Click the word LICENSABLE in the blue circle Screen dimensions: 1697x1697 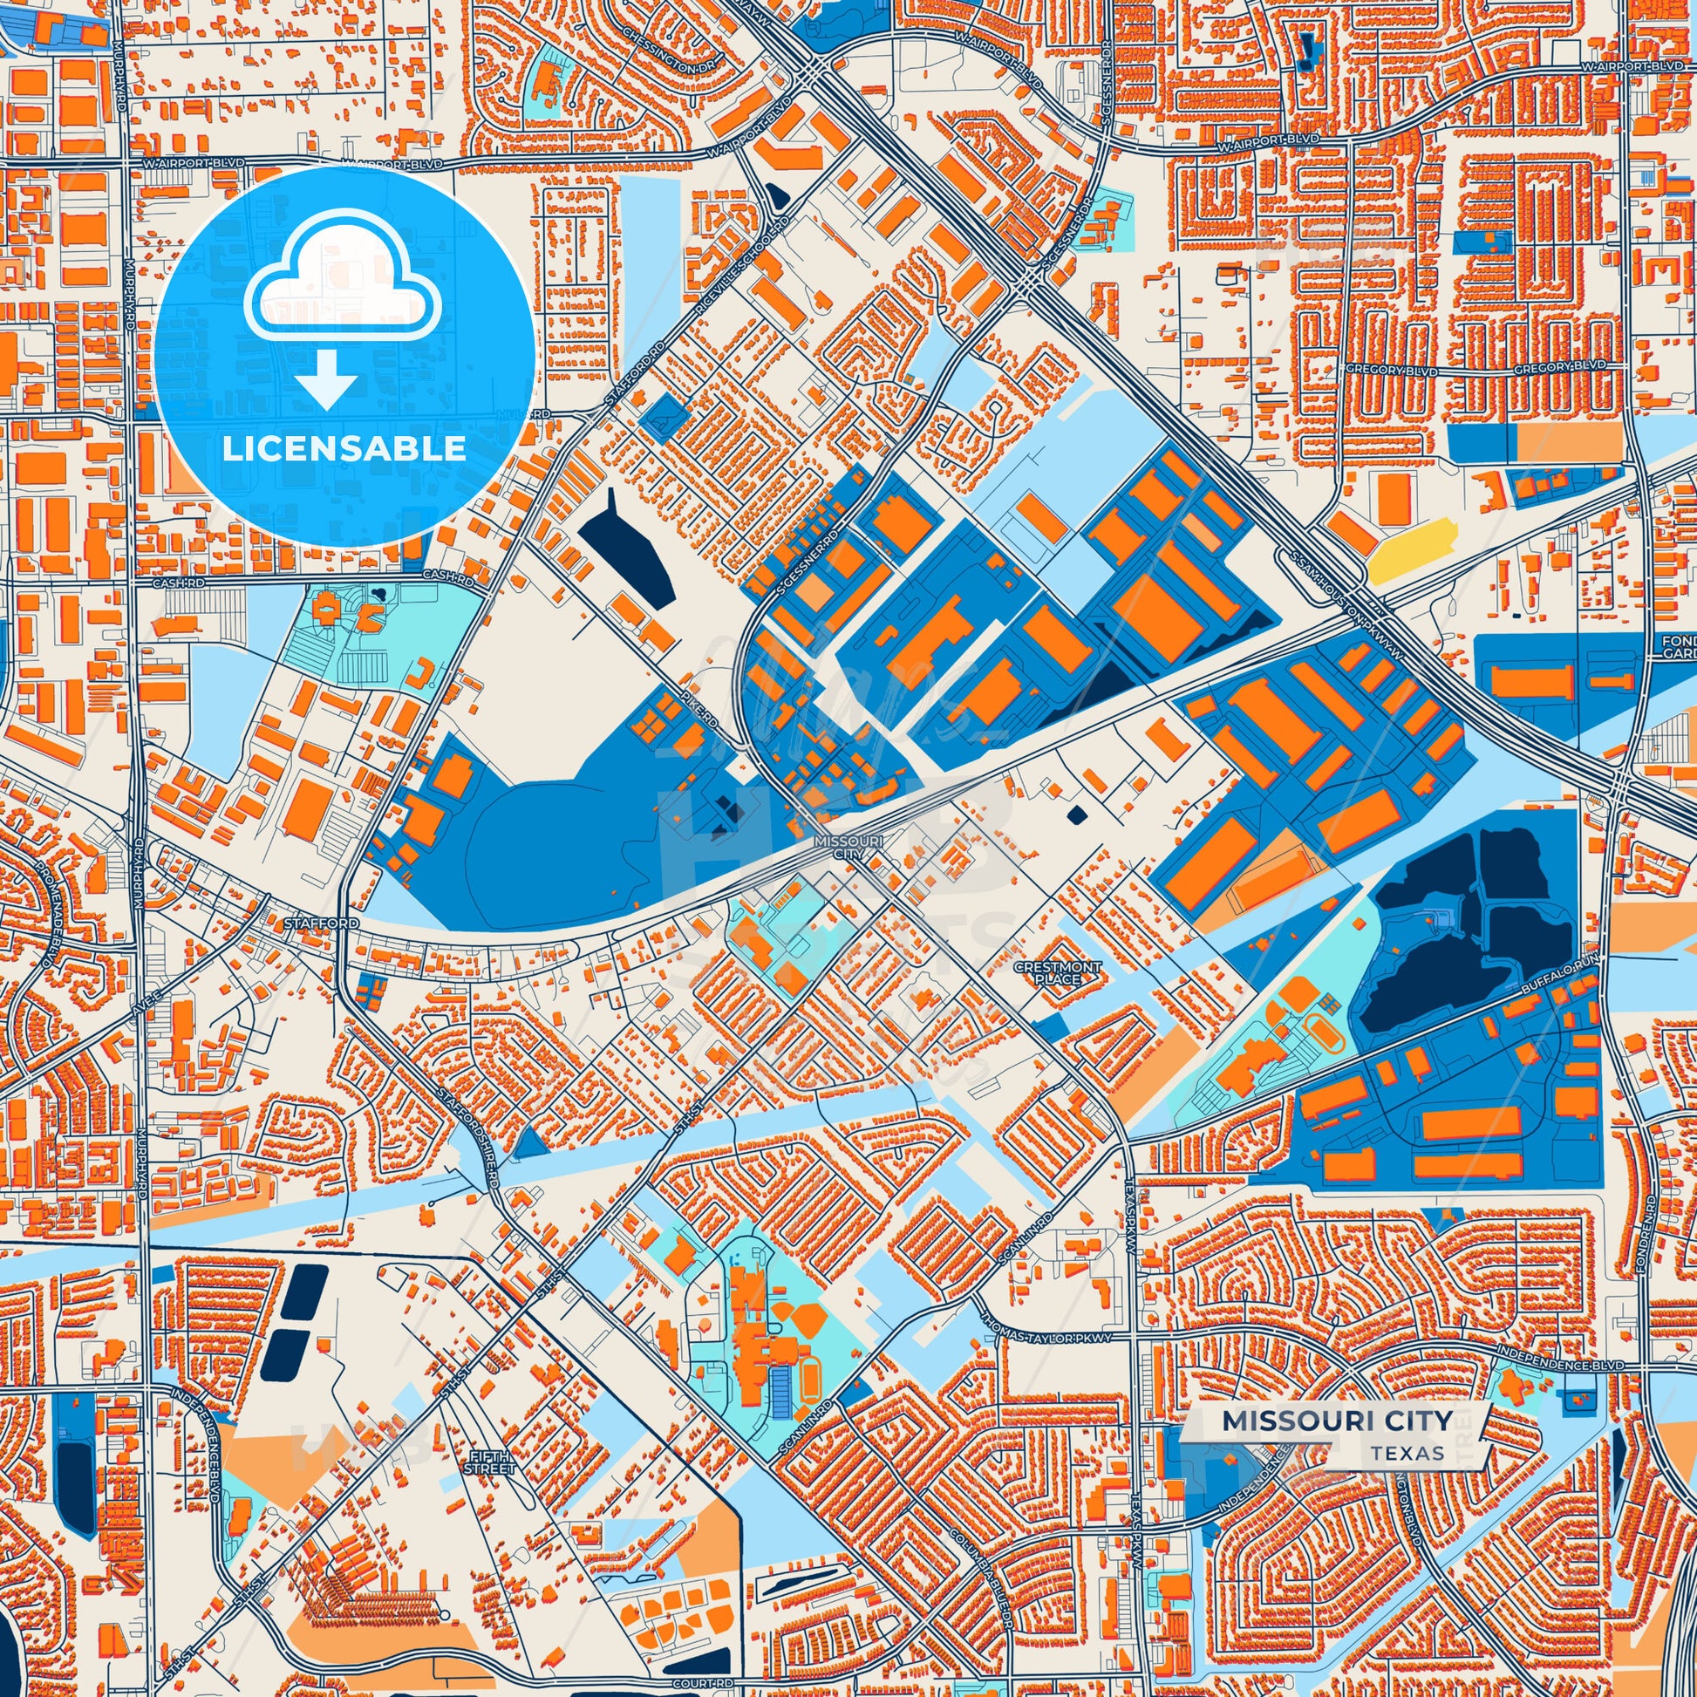tap(344, 448)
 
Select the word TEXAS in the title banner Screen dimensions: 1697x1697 tap(1406, 1452)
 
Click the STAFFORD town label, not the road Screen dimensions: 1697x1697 tap(321, 924)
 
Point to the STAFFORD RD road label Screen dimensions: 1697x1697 tap(631, 379)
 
